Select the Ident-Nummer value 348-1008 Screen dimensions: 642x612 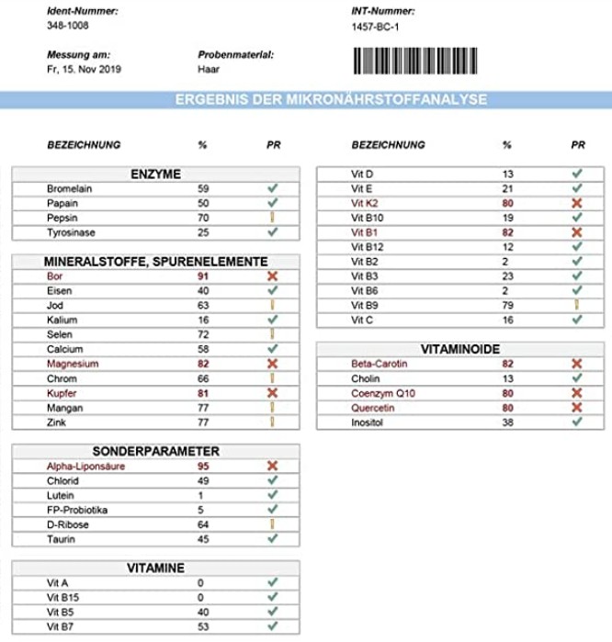67,26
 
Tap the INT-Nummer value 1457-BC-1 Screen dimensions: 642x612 376,27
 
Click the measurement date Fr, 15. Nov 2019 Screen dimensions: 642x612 84,69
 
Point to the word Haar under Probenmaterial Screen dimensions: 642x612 208,69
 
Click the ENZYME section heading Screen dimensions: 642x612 155,175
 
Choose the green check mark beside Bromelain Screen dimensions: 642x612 272,189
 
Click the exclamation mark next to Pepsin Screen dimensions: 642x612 272,219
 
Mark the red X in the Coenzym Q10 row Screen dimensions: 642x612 577,393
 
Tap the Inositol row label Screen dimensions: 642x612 368,422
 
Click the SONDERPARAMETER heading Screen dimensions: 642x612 155,452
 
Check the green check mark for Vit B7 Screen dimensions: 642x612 272,626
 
